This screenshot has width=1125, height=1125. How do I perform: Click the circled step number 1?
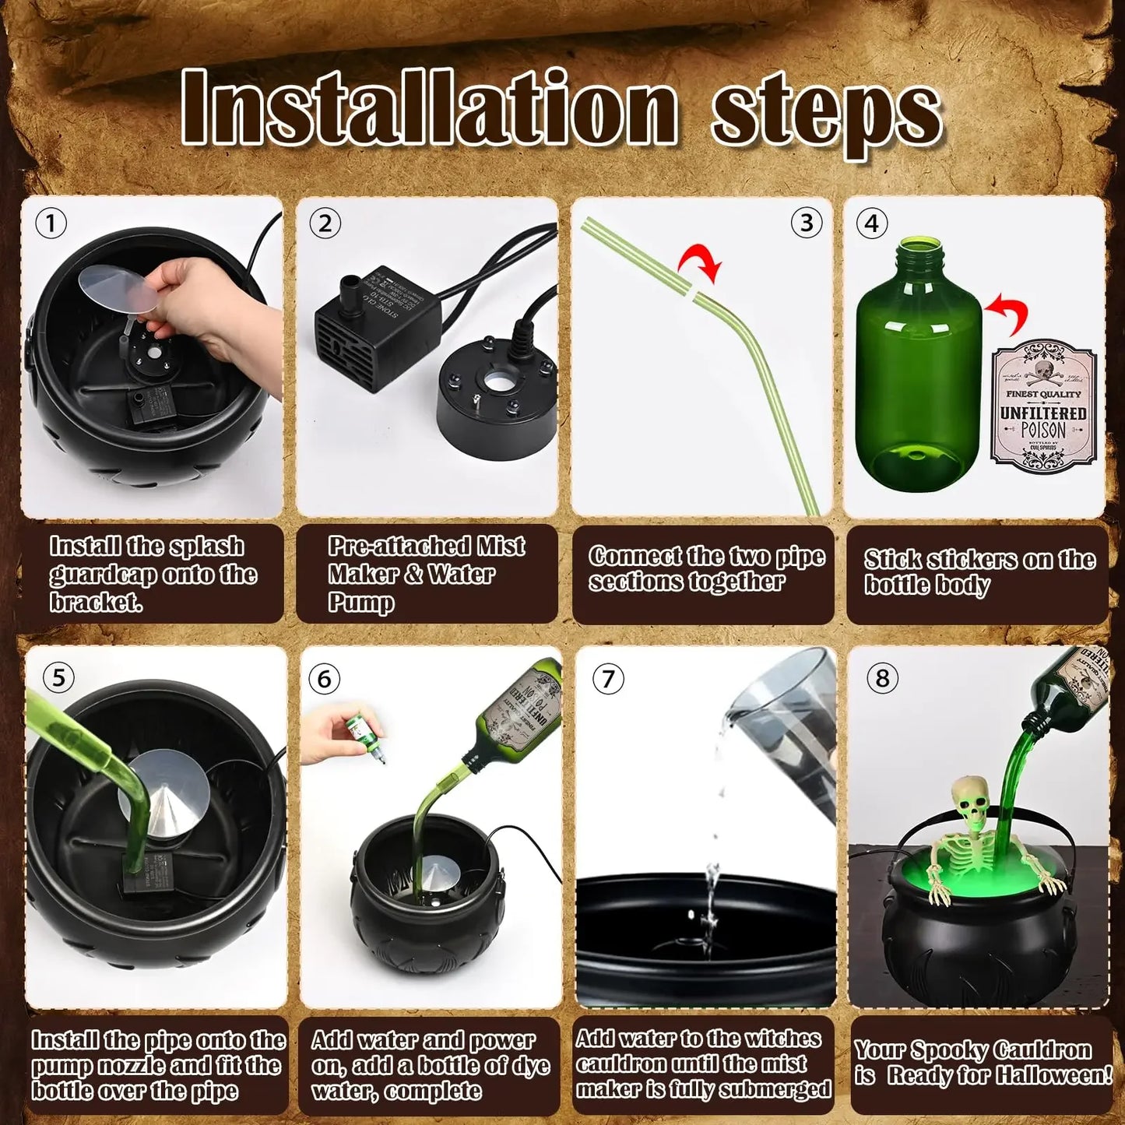tap(51, 224)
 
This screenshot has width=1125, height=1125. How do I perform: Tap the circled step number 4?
tap(871, 224)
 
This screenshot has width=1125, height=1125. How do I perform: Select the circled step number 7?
tap(608, 679)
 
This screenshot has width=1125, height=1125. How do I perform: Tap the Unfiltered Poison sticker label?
tap(1043, 406)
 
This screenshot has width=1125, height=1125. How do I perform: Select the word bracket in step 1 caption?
tap(96, 602)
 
